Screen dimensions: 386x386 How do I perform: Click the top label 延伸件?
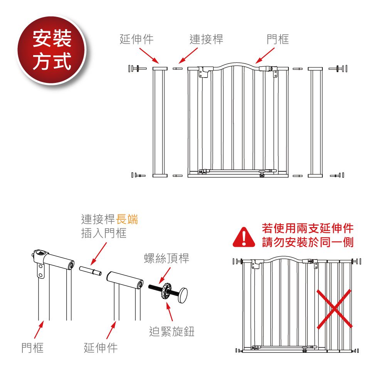click(x=137, y=39)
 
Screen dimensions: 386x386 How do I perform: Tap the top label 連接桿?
click(x=206, y=39)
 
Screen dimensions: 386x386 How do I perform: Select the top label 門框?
click(x=278, y=39)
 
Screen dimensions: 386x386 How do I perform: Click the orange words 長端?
click(x=127, y=220)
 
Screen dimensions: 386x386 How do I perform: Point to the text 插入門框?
click(x=104, y=233)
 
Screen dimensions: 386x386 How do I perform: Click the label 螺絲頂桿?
click(x=167, y=258)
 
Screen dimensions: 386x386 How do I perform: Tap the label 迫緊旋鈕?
click(x=172, y=331)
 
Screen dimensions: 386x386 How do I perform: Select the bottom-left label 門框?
click(x=32, y=348)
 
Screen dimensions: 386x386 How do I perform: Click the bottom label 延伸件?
click(x=101, y=348)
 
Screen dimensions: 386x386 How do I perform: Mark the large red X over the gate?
click(x=335, y=308)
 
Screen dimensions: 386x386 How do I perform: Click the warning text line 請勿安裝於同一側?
click(x=308, y=243)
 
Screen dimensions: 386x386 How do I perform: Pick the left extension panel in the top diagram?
click(x=160, y=122)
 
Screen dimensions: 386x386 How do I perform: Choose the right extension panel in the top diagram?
click(x=315, y=122)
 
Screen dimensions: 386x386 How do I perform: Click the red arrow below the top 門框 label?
click(x=265, y=56)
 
